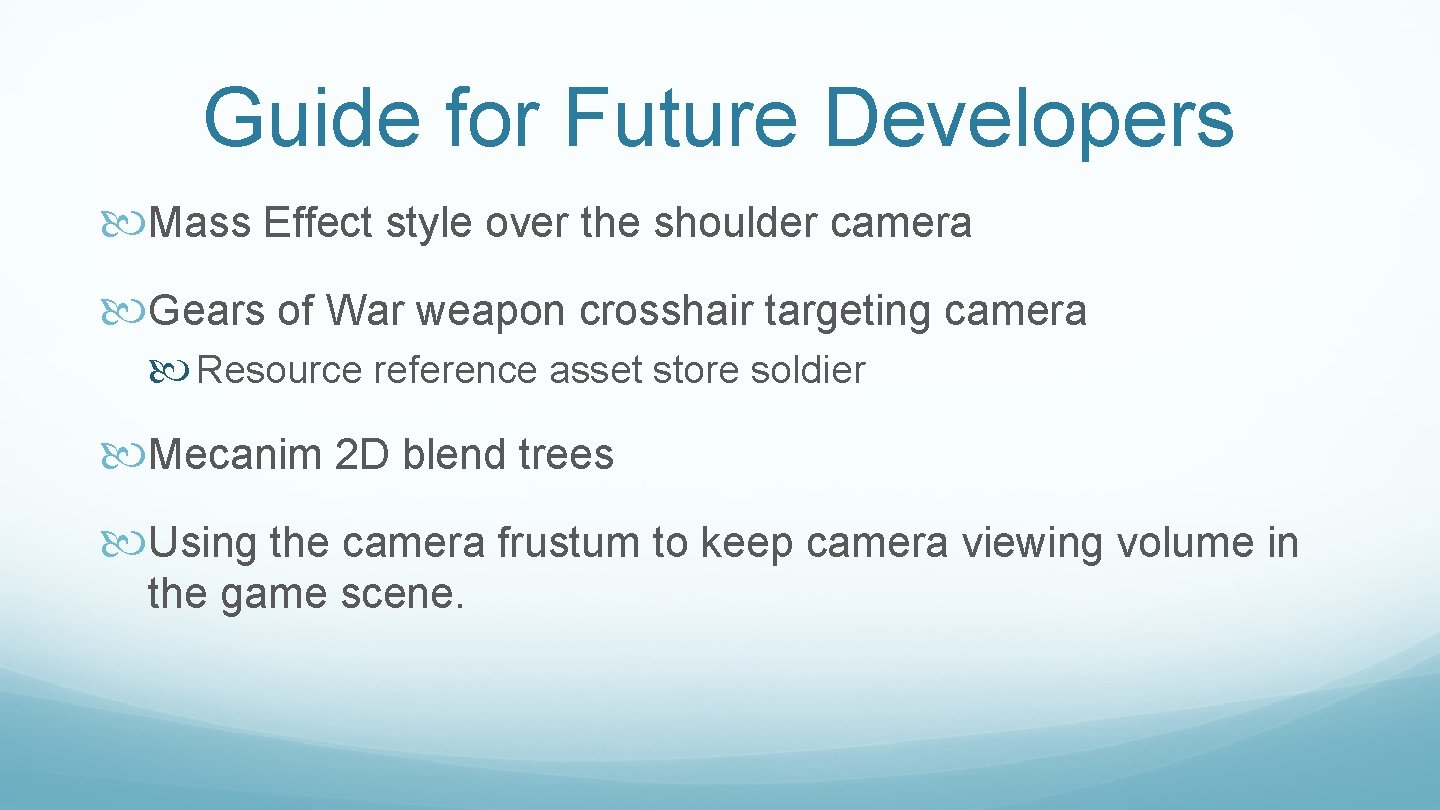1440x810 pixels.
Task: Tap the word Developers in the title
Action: (1029, 118)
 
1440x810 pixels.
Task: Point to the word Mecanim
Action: (235, 455)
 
